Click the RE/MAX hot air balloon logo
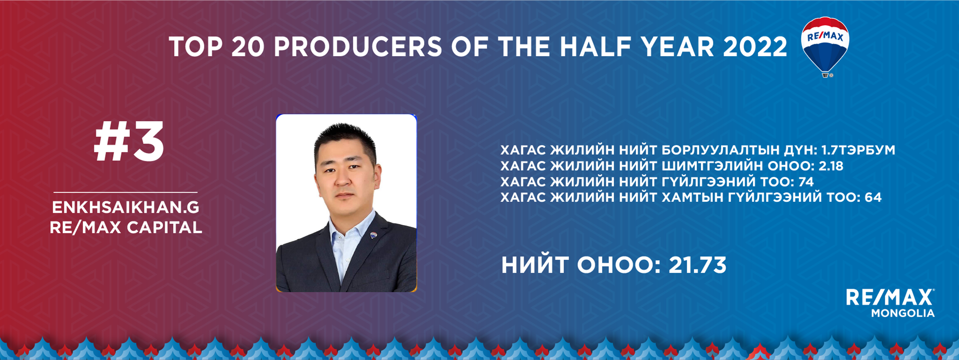[825, 47]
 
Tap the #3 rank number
[129, 142]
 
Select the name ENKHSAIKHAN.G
[126, 207]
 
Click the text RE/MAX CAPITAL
[126, 227]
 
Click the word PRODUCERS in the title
[358, 46]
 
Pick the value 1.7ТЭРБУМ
[858, 150]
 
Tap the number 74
[806, 182]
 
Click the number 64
[873, 197]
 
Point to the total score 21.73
[698, 265]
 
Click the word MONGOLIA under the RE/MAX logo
[903, 313]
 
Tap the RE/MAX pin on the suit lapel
[374, 235]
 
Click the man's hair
[344, 139]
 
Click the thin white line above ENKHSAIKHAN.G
[126, 192]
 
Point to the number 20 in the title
[247, 46]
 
